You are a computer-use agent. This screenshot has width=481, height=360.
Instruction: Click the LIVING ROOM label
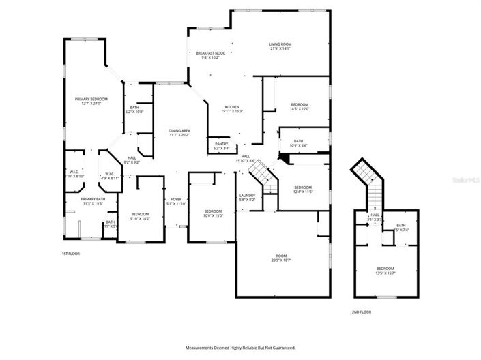(x=280, y=44)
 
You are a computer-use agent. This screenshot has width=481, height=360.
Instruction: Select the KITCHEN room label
(x=233, y=107)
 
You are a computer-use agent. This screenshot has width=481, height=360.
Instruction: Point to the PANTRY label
(x=222, y=144)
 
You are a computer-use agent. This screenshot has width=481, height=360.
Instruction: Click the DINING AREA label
(x=179, y=130)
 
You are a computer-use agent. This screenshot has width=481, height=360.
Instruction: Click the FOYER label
(x=176, y=200)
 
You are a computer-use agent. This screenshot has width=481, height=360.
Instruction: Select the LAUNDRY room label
(x=246, y=196)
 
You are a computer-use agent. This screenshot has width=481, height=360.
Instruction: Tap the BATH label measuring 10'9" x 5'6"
(x=299, y=142)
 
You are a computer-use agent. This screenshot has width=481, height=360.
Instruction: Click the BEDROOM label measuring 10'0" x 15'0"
(x=213, y=211)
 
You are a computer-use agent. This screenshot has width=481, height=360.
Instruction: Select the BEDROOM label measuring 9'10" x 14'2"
(x=140, y=215)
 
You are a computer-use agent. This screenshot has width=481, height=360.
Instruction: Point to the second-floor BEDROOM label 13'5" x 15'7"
(x=385, y=269)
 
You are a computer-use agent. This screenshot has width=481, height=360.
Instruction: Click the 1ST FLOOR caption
(x=70, y=254)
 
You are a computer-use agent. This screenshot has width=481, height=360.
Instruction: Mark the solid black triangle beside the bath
(x=285, y=159)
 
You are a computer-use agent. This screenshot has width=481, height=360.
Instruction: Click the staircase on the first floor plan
(x=261, y=173)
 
